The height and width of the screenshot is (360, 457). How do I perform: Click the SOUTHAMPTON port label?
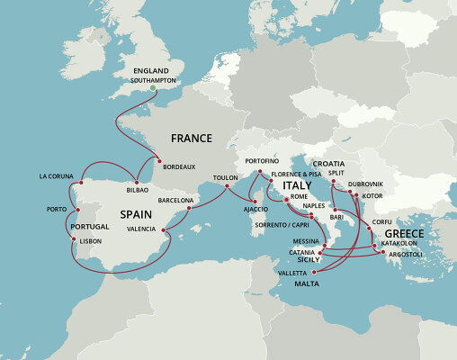point(150,80)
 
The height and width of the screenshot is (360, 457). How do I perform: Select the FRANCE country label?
point(192,139)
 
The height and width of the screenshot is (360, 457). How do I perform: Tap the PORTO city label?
point(44,210)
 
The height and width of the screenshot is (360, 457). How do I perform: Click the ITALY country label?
point(297,184)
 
